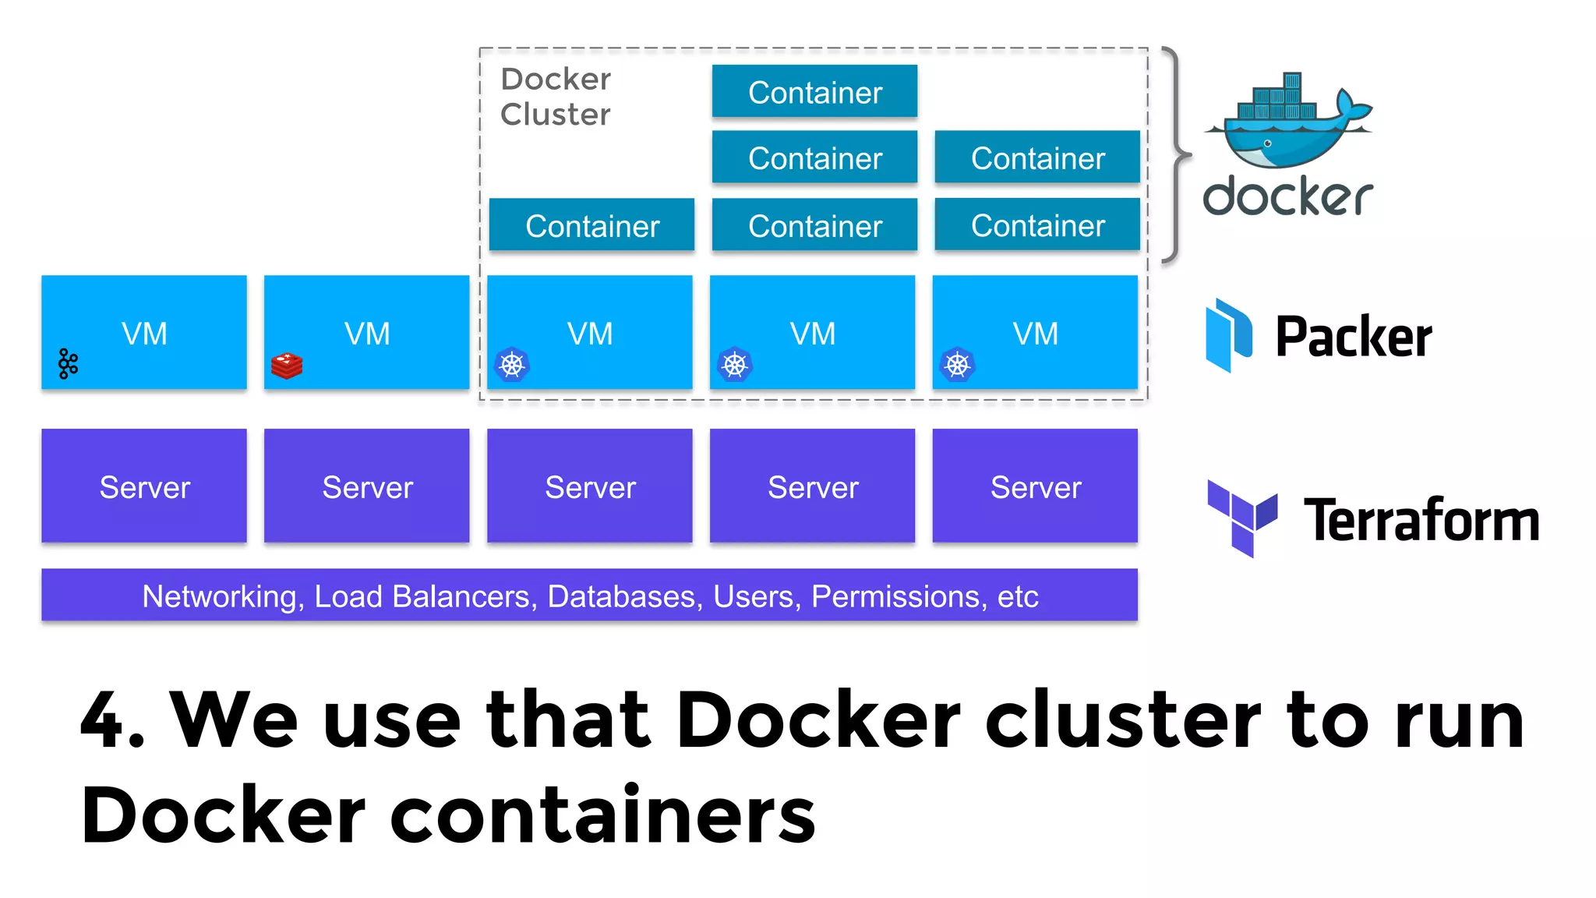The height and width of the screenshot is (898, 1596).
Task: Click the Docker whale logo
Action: (1287, 121)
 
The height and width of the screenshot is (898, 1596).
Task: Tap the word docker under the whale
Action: (1287, 196)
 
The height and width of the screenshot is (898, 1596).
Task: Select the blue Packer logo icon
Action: (1228, 335)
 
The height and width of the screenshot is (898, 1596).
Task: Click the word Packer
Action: (1353, 337)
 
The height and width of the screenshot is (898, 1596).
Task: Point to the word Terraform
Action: (1421, 520)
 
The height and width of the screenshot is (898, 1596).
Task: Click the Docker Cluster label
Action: (555, 97)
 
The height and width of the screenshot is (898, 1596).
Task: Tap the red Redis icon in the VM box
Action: (287, 366)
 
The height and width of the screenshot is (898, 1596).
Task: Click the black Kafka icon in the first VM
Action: (69, 363)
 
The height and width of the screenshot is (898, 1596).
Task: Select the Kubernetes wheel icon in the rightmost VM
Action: (957, 365)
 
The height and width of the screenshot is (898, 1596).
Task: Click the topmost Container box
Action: (814, 92)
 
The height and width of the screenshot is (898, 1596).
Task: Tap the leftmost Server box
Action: (144, 486)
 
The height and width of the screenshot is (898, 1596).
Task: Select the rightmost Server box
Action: (1035, 486)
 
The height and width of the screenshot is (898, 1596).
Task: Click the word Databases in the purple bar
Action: (620, 596)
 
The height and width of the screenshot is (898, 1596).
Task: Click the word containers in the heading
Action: (602, 815)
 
